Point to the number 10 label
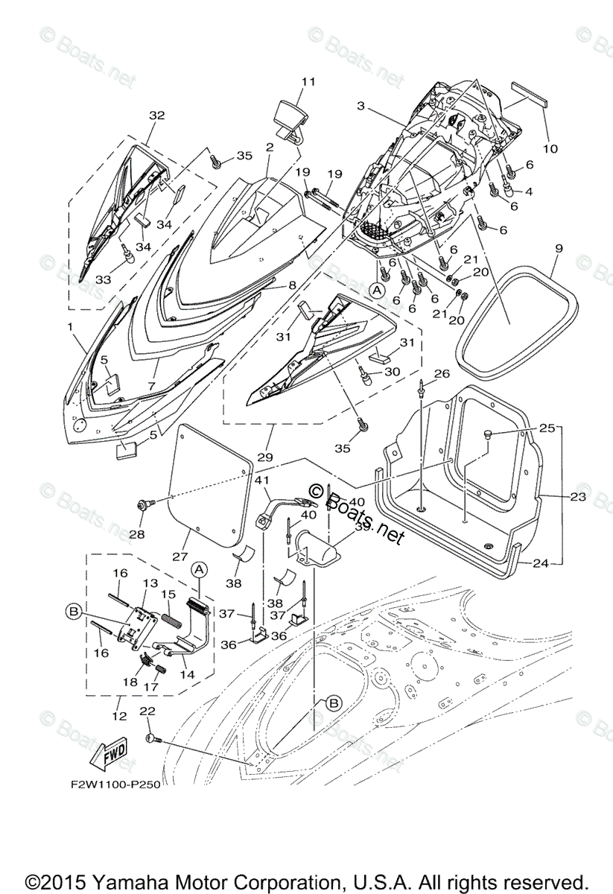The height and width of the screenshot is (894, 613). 550,148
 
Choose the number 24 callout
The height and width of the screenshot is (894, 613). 541,563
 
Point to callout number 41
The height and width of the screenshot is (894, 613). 262,481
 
